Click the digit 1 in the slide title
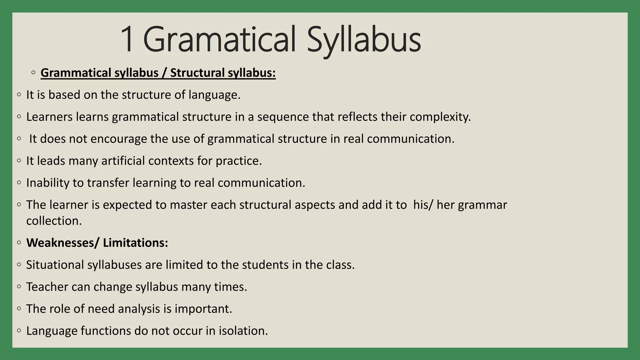[x=127, y=40]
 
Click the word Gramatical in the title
[x=219, y=40]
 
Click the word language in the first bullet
[x=214, y=95]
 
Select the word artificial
[x=123, y=161]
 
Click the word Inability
[x=48, y=183]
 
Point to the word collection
[x=54, y=221]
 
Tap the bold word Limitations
[x=135, y=243]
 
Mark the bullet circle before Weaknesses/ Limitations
[x=19, y=242]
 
